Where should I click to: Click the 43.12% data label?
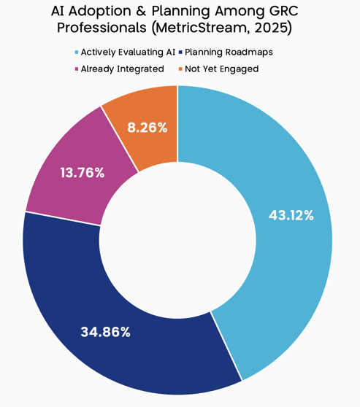pyautogui.click(x=291, y=215)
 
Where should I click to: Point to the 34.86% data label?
pyautogui.click(x=105, y=332)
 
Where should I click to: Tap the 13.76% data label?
pyautogui.click(x=82, y=173)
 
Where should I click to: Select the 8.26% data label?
pyautogui.click(x=147, y=127)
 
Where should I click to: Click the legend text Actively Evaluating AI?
pyautogui.click(x=128, y=53)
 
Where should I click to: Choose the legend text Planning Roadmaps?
pyautogui.click(x=229, y=53)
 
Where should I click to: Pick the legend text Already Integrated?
pyautogui.click(x=123, y=69)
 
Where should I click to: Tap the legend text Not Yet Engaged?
pyautogui.click(x=222, y=69)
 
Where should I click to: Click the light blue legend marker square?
pyautogui.click(x=77, y=53)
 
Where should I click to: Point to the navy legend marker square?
pyautogui.click(x=180, y=53)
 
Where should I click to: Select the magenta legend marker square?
pyautogui.click(x=77, y=69)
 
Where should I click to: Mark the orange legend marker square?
pyautogui.click(x=180, y=69)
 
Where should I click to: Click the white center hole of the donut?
pyautogui.click(x=177, y=240)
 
